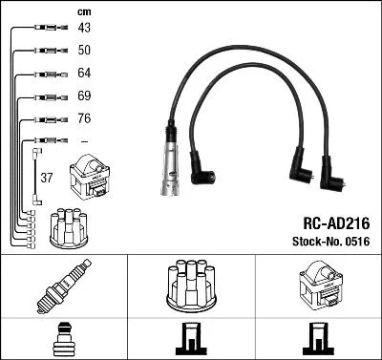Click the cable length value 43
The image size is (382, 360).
pyautogui.click(x=84, y=27)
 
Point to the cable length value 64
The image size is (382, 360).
pyautogui.click(x=84, y=74)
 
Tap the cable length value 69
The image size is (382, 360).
pyautogui.click(x=84, y=96)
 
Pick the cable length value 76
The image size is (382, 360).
pyautogui.click(x=84, y=119)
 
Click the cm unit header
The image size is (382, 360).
pyautogui.click(x=84, y=11)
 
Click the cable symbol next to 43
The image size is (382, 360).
pyautogui.click(x=44, y=28)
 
